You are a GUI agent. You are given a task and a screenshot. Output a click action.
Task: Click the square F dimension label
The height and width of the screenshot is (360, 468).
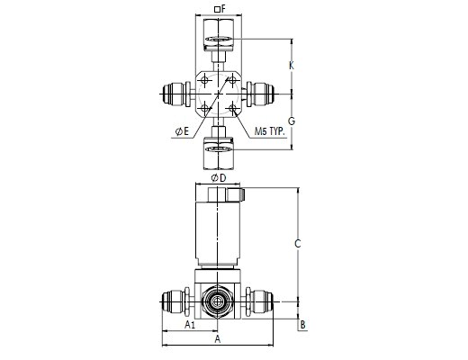coord(220,9)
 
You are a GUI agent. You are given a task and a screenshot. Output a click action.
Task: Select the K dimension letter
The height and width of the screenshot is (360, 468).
coord(292,66)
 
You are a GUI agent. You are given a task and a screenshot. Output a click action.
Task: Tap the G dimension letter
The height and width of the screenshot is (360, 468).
coord(292,121)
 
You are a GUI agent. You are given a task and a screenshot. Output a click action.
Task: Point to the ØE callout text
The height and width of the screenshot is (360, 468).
coord(183,131)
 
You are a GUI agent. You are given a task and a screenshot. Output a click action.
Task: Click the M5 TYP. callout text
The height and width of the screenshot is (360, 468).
coord(270,131)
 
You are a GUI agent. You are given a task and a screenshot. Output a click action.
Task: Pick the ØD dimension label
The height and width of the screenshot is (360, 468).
coord(219,178)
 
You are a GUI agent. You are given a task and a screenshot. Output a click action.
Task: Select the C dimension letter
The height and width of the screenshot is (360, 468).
coord(297,244)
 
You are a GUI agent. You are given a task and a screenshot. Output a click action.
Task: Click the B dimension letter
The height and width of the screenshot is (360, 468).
coord(303,325)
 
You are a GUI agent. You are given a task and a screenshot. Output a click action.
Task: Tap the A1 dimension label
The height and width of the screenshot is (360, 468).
coord(190,325)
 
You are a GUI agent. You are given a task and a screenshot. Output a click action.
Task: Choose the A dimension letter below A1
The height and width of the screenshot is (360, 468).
coord(218,339)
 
